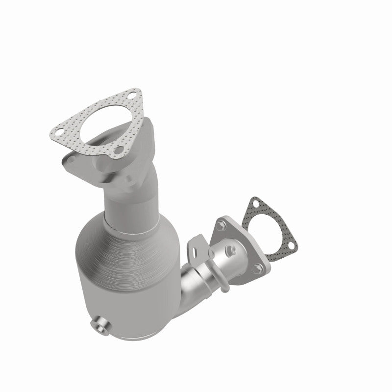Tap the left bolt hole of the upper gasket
click(x=58, y=131)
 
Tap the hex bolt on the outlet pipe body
click(x=229, y=252)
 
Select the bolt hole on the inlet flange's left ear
click(x=68, y=159)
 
